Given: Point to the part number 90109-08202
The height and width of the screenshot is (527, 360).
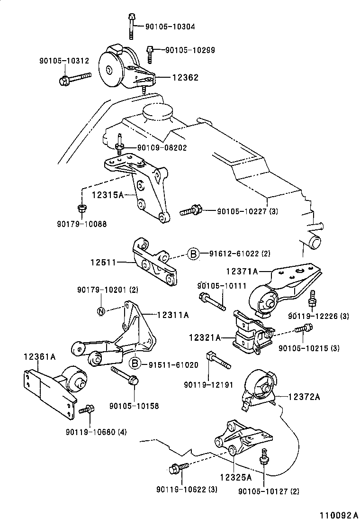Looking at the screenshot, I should [162, 148].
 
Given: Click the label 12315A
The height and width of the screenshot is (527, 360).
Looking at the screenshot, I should [108, 195].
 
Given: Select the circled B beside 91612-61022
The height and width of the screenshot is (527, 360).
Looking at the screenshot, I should [193, 254].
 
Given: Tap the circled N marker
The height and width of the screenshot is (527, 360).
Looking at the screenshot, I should [101, 311].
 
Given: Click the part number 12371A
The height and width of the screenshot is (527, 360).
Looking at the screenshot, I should [242, 272].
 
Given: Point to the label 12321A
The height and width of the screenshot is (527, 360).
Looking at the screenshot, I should [205, 338].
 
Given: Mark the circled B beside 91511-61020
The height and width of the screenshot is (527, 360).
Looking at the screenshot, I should [135, 363].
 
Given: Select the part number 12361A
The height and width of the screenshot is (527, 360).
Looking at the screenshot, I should [40, 357].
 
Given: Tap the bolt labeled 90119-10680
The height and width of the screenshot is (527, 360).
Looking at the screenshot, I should [87, 409].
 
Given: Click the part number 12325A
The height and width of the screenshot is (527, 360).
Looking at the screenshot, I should [235, 476].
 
